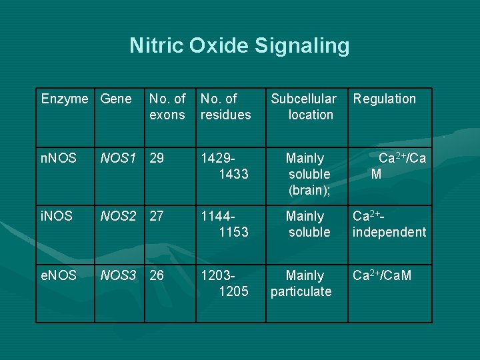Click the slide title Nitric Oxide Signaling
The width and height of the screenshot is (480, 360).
[239, 45]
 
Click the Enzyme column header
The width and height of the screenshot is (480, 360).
[64, 99]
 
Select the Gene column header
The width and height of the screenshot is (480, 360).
[115, 99]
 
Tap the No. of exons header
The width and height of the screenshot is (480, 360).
[167, 107]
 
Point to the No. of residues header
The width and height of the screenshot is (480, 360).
[225, 107]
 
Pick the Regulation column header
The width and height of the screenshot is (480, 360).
[384, 99]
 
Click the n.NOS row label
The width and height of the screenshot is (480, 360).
[59, 159]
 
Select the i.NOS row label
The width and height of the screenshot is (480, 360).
[57, 217]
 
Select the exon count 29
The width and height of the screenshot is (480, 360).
[157, 159]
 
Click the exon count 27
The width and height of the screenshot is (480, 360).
[157, 217]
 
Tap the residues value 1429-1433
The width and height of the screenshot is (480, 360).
[225, 166]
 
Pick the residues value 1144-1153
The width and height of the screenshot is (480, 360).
[225, 224]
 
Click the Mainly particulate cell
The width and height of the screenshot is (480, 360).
[301, 283]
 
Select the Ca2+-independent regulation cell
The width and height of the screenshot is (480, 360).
[389, 224]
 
